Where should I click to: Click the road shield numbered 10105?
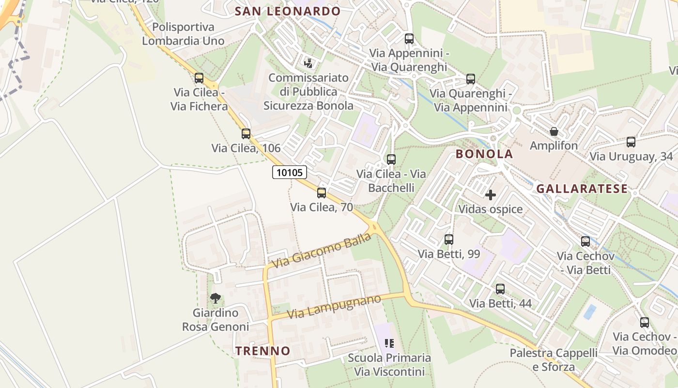[x=290, y=172]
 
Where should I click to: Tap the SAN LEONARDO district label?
[x=288, y=11]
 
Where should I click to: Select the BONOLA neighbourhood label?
[x=484, y=154]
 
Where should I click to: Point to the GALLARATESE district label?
[x=582, y=189]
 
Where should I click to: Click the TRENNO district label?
[x=263, y=351]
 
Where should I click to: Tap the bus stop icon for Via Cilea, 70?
[x=322, y=193]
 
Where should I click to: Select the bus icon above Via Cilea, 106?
[x=246, y=134]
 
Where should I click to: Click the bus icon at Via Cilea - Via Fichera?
[x=199, y=78]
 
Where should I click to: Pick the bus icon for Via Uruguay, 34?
[x=631, y=142]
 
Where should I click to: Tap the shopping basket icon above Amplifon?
[x=554, y=131]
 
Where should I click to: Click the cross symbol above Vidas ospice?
[x=491, y=195]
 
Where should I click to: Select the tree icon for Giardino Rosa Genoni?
[x=216, y=298]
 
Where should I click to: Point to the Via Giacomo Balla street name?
[x=322, y=250]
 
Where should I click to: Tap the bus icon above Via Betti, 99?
[x=448, y=240]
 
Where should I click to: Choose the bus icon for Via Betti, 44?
[x=500, y=289]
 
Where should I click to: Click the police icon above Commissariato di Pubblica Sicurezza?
[x=308, y=63]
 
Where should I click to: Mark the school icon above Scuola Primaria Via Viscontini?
[x=389, y=344]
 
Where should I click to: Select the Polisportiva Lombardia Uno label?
[x=183, y=34]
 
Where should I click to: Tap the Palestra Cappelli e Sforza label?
[x=554, y=360]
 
